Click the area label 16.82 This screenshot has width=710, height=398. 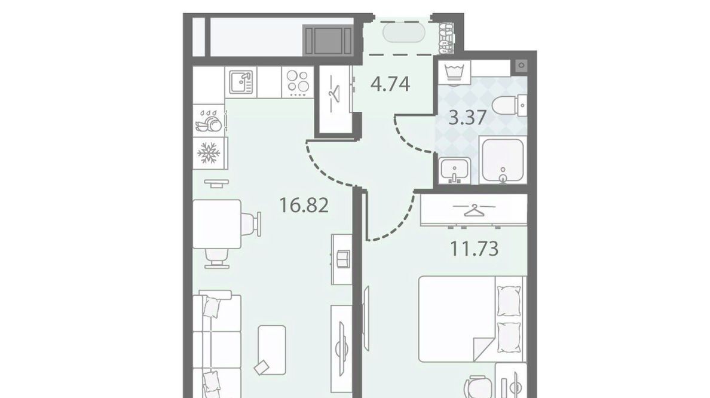(x=304, y=206)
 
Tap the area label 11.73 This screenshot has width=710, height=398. (x=474, y=248)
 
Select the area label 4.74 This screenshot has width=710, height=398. (x=390, y=84)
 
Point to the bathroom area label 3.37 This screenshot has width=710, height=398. (x=468, y=118)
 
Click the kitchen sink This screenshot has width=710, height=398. (x=241, y=82)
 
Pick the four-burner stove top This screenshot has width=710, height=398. (x=298, y=82)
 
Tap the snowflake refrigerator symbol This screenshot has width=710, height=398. (x=209, y=153)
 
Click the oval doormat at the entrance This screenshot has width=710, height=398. (x=404, y=33)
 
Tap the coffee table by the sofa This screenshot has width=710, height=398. (x=272, y=350)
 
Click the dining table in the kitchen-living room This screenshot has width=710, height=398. (x=217, y=224)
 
